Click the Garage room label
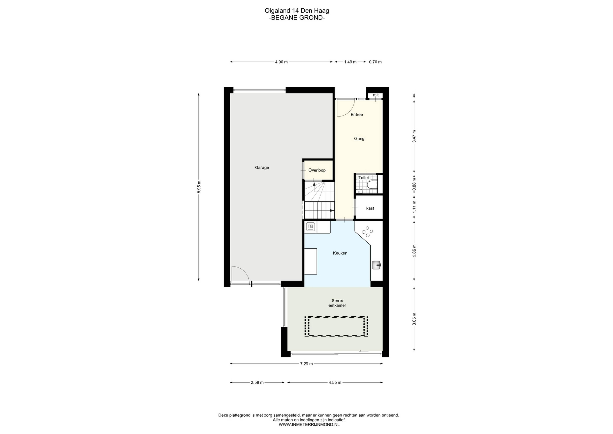click(262, 168)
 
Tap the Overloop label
click(317, 170)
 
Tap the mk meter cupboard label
click(376, 95)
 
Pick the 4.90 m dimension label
click(281, 62)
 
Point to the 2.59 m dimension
click(257, 382)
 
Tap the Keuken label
click(340, 253)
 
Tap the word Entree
click(357, 115)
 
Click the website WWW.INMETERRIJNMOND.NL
click(309, 424)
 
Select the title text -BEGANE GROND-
click(297, 18)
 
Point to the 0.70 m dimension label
click(375, 62)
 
